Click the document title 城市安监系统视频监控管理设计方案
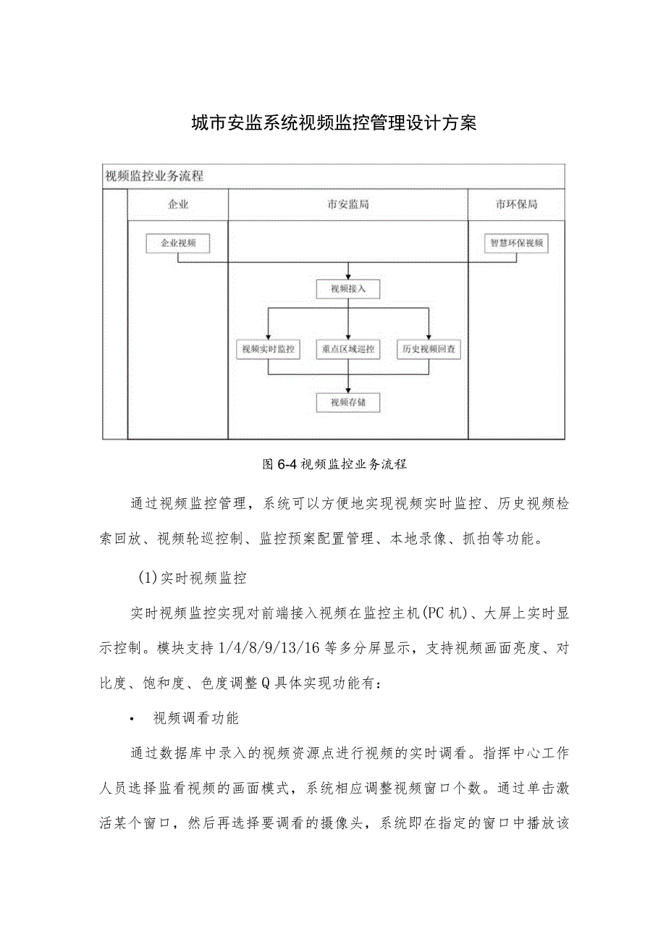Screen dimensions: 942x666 pyautogui.click(x=334, y=124)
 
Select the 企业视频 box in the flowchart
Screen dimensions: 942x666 pyautogui.click(x=177, y=244)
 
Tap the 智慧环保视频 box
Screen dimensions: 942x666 pyautogui.click(x=516, y=244)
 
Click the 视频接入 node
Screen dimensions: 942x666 pyautogui.click(x=348, y=290)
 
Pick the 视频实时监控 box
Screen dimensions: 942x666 pyautogui.click(x=269, y=349)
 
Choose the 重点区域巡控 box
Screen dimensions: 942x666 pyautogui.click(x=348, y=349)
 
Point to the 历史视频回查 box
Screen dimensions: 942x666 pyautogui.click(x=429, y=349)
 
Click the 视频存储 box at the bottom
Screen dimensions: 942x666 pyautogui.click(x=348, y=403)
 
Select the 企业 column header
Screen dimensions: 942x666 pyautogui.click(x=178, y=205)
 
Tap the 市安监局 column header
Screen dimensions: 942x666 pyautogui.click(x=348, y=205)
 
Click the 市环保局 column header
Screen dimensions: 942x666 pyautogui.click(x=516, y=205)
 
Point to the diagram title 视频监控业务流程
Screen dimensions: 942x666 pyautogui.click(x=154, y=175)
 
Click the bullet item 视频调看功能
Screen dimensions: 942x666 pyautogui.click(x=196, y=718)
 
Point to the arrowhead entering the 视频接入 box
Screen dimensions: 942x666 pyautogui.click(x=348, y=277)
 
